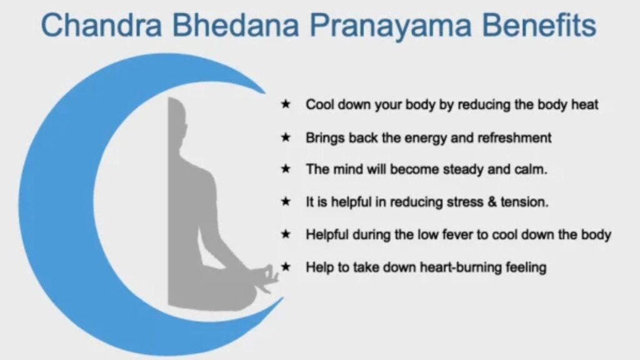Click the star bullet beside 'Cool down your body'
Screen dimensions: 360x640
pos(285,104)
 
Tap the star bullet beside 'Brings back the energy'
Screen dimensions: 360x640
pos(285,137)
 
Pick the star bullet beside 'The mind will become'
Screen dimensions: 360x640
pos(285,169)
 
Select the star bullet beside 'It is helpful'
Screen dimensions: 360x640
pos(285,202)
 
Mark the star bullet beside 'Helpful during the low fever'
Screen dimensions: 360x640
pos(285,234)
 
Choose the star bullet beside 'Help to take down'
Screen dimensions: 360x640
pos(285,267)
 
